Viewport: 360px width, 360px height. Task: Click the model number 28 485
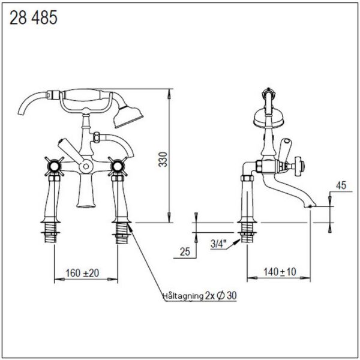coord(34,18)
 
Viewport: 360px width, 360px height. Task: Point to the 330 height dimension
coord(163,160)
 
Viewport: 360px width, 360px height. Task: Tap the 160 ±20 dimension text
coord(82,273)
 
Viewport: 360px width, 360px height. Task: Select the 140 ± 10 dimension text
coord(280,272)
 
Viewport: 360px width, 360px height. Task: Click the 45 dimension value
coord(341,185)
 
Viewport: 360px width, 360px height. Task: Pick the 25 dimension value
coord(185,251)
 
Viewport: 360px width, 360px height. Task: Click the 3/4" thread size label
coord(218,244)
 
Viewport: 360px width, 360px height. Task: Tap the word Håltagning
coord(183,296)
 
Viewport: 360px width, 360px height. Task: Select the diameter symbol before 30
coord(220,295)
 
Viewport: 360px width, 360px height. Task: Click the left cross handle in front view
coord(54,166)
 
